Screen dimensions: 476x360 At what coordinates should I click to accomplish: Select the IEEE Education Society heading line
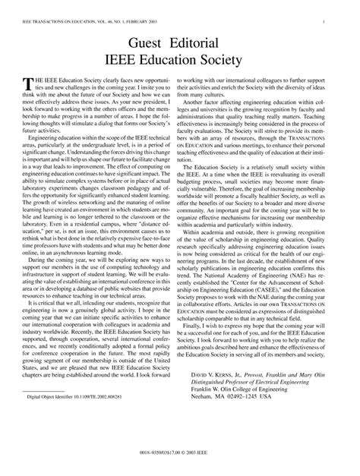[179, 58]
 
